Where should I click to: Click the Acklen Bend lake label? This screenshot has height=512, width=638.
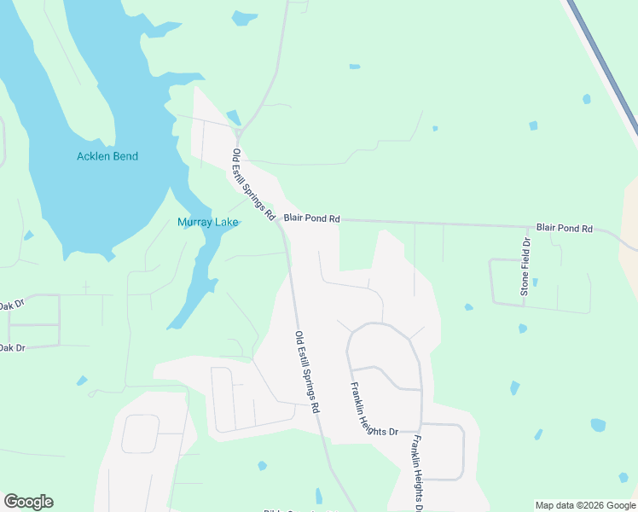tap(107, 156)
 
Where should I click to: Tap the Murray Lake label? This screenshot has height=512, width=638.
tap(207, 223)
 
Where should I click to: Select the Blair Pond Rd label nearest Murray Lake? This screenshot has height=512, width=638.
tap(311, 218)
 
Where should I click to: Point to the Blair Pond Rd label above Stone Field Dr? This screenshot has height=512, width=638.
tap(564, 229)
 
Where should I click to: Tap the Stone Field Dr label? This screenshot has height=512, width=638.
tap(525, 268)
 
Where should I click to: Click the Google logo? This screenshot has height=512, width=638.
tap(28, 502)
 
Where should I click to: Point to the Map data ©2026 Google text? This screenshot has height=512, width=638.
tap(585, 505)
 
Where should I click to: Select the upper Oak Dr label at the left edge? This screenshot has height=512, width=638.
tap(11, 305)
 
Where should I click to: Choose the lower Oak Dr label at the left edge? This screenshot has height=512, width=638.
tap(11, 347)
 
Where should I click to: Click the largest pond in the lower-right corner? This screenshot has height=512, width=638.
tap(598, 425)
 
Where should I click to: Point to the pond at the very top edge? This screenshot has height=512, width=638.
tap(245, 17)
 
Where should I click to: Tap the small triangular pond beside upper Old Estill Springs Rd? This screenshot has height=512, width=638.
tap(233, 118)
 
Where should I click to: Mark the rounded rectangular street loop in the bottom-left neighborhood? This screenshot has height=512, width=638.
tap(140, 433)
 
